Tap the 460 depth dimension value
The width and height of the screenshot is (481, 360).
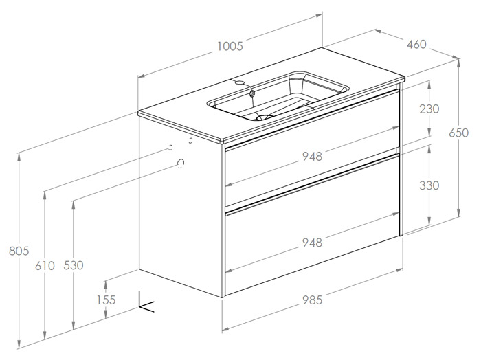416,45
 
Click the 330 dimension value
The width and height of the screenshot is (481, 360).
429,185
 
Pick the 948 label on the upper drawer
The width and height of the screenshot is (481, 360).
311,157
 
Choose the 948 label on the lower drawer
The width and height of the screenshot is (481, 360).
311,242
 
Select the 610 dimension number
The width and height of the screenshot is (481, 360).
45,265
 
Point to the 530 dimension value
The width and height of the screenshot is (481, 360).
73,265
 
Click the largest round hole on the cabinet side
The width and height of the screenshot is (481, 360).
181,163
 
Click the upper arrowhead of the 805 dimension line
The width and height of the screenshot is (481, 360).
19,155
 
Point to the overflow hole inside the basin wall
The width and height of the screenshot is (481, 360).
253,93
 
